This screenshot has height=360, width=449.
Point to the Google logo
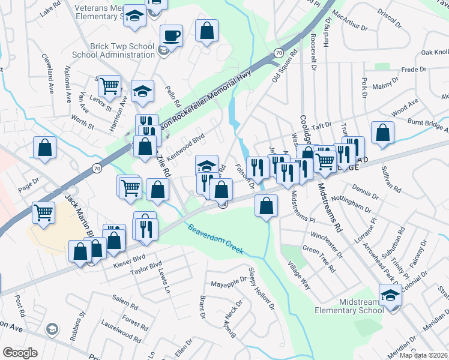(20, 353)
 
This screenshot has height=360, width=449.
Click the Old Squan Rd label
(284, 66)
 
